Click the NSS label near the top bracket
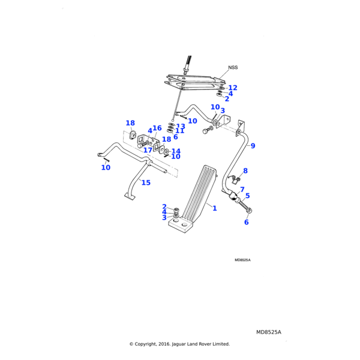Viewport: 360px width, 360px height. tap(233, 68)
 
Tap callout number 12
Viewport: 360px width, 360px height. tap(233, 88)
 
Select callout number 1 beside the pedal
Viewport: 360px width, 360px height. tap(215, 208)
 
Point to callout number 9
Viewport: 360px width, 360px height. tap(253, 146)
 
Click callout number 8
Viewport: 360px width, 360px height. tap(245, 171)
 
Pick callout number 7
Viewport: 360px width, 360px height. tap(242, 190)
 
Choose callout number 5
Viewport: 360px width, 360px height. tap(247, 196)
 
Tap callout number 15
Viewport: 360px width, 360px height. tap(146, 182)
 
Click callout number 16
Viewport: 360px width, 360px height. tap(157, 128)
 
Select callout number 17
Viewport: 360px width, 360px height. tap(148, 150)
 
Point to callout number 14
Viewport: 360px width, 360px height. tap(176, 151)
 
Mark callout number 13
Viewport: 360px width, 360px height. tap(181, 127)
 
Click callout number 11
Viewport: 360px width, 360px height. tap(180, 131)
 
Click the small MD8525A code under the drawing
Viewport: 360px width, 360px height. tap(242, 260)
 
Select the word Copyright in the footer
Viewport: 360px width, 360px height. tap(148, 344)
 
